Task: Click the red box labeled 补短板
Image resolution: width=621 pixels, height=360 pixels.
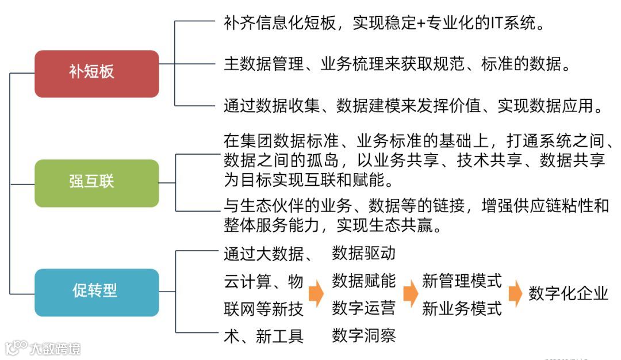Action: (x=97, y=73)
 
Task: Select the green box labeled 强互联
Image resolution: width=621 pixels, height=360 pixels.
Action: (x=97, y=183)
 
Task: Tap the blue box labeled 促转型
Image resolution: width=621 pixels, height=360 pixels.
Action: (x=97, y=292)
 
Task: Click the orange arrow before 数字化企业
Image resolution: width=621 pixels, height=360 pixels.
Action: (x=516, y=293)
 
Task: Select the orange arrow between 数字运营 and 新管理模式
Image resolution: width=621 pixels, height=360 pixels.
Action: (x=409, y=293)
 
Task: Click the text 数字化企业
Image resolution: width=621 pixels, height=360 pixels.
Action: (x=568, y=293)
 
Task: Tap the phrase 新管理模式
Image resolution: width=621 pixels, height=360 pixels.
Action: (x=462, y=281)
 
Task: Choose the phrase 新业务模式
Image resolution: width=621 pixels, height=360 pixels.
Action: (x=462, y=308)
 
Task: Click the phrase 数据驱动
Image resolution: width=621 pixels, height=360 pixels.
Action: (x=364, y=253)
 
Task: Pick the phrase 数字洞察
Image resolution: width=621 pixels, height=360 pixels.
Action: (x=364, y=335)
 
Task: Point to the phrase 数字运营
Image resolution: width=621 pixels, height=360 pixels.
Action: (x=364, y=308)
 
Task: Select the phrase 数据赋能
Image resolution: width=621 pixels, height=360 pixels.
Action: (x=364, y=281)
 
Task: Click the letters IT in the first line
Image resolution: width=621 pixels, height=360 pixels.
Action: (x=496, y=24)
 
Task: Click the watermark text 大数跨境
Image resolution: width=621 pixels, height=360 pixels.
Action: (x=56, y=348)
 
